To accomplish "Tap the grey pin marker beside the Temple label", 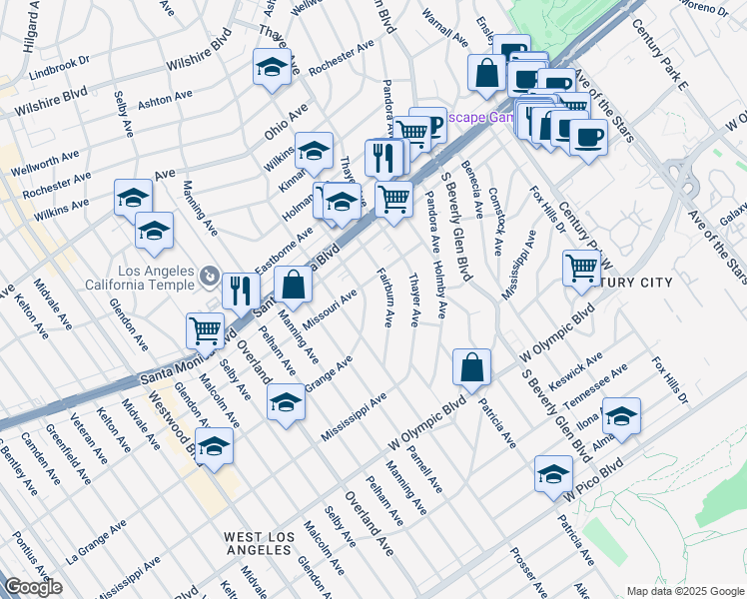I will pyautogui.click(x=209, y=275).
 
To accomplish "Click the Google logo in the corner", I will pyautogui.click(x=33, y=587).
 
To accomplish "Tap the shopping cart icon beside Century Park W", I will pyautogui.click(x=581, y=268).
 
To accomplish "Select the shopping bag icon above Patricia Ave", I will pyautogui.click(x=471, y=366).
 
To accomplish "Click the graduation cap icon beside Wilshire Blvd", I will pyautogui.click(x=272, y=67).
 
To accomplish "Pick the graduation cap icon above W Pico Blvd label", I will pyautogui.click(x=553, y=472).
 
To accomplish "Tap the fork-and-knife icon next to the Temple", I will pyautogui.click(x=241, y=291).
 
